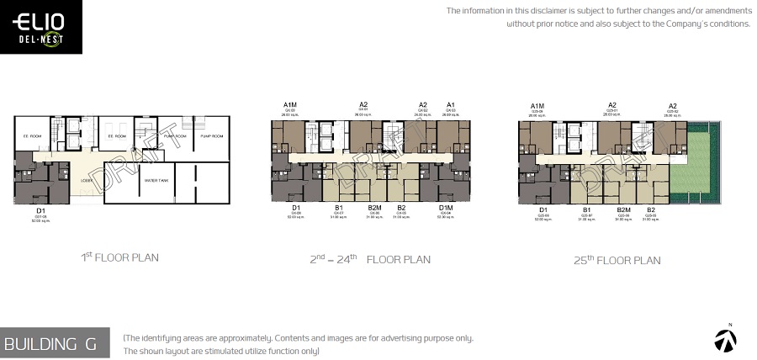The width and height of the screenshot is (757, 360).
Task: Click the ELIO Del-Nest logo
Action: coord(41,28)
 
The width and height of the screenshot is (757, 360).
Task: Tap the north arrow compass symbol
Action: coord(725,339)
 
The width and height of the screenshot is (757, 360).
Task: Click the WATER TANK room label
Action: coord(157,180)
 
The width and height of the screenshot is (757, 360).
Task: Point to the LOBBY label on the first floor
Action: coord(86,180)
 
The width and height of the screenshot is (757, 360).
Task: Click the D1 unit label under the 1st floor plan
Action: coord(40,211)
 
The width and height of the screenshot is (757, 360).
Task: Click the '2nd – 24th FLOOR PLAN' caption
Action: coord(370,259)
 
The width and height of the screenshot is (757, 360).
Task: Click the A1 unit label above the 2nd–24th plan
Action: coord(451,105)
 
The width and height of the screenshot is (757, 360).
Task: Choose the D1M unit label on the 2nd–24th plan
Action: coord(446,208)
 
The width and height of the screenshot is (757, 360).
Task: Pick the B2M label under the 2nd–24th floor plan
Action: coord(374,208)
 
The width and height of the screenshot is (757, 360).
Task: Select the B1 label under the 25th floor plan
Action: coord(588,209)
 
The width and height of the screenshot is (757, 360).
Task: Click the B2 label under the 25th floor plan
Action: coord(650,209)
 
